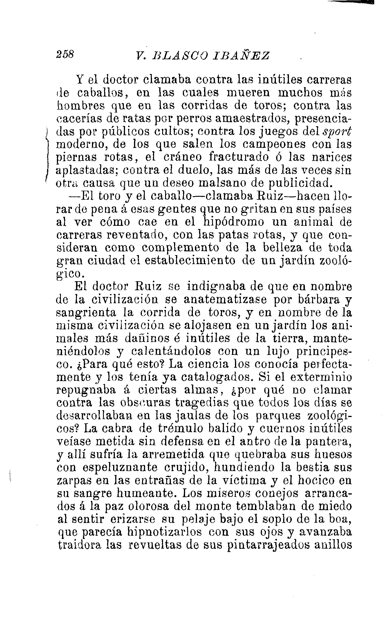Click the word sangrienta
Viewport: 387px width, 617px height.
point(86,313)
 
